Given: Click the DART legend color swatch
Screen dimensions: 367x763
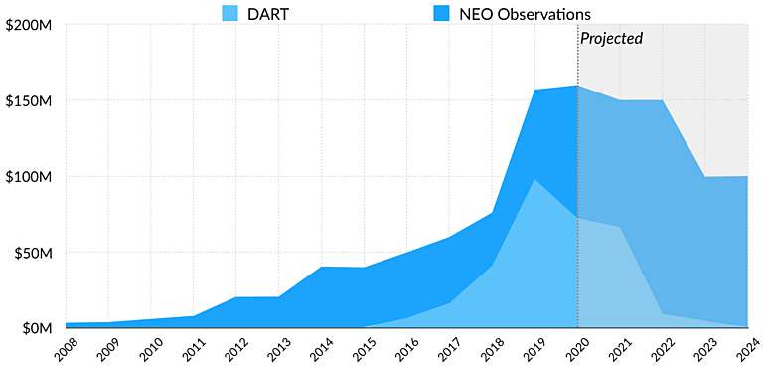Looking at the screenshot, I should click(230, 13).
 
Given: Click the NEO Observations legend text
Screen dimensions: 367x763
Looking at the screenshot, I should click(520, 14).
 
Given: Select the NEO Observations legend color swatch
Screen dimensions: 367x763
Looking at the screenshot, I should click(443, 13).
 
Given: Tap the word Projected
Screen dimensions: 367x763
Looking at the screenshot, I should click(611, 39).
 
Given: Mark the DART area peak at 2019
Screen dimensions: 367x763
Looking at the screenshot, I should click(534, 180).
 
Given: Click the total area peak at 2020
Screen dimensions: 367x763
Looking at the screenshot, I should click(577, 86).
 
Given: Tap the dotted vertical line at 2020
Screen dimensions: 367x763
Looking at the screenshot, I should click(577, 199).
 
